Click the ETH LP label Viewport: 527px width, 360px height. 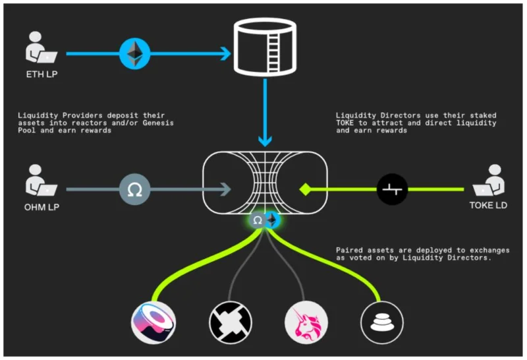click(x=42, y=74)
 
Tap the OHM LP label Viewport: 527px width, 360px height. click(x=42, y=207)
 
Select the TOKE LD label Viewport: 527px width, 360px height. click(x=488, y=205)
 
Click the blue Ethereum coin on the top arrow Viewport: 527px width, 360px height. click(x=135, y=54)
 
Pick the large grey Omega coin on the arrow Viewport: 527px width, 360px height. click(x=135, y=189)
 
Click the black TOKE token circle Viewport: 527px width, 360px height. click(x=392, y=189)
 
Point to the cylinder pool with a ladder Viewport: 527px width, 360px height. click(x=265, y=47)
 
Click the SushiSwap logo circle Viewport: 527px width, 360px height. click(x=153, y=322)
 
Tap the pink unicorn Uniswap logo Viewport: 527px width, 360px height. click(x=306, y=322)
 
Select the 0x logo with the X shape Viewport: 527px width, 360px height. click(x=230, y=322)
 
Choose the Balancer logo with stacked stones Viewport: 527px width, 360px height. click(x=382, y=322)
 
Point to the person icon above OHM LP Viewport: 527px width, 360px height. click(x=41, y=180)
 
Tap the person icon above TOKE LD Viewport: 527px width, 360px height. click(x=489, y=180)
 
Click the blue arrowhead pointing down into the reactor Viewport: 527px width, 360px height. click(x=265, y=140)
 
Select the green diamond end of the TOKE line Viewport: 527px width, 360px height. click(x=305, y=189)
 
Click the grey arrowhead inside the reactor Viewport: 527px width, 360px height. click(x=225, y=189)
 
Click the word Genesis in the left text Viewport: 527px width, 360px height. click(x=158, y=123)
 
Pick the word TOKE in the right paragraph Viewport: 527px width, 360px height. click(x=345, y=123)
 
